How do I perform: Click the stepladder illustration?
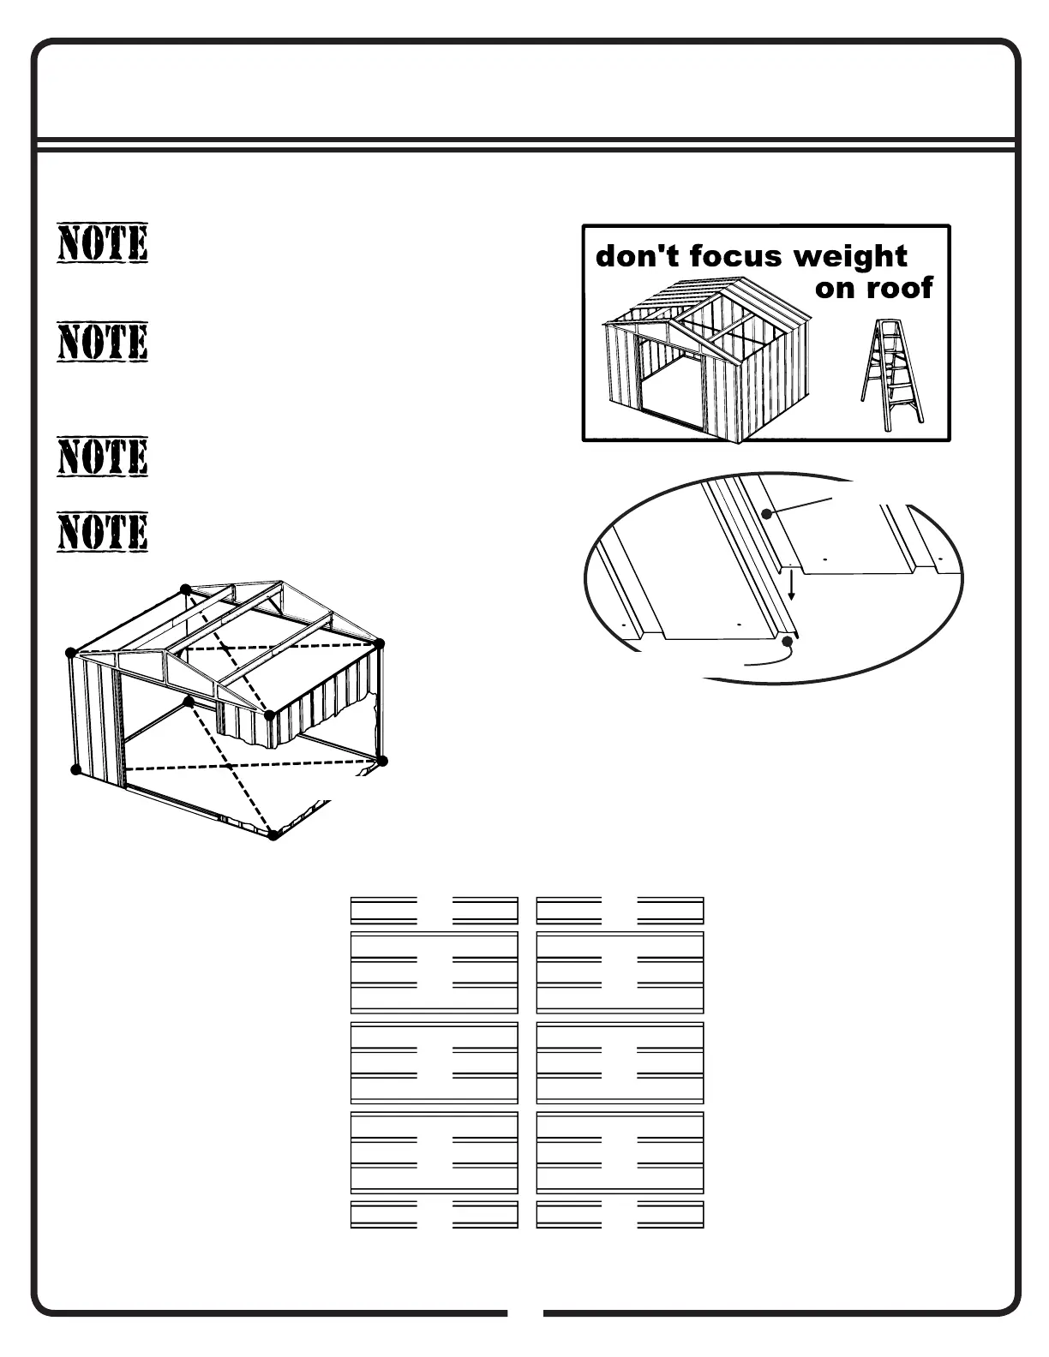pyautogui.click(x=892, y=374)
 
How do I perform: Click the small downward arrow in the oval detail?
pyautogui.click(x=792, y=586)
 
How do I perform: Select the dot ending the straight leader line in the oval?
pyautogui.click(x=768, y=514)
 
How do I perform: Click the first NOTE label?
pyautogui.click(x=103, y=243)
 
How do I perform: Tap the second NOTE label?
pyautogui.click(x=103, y=342)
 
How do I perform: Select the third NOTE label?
pyautogui.click(x=103, y=457)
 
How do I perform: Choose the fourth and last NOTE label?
pyautogui.click(x=103, y=532)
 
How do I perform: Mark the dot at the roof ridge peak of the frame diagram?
pyautogui.click(x=186, y=589)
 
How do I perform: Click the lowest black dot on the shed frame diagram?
pyautogui.click(x=273, y=834)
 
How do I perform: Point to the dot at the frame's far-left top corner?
pyautogui.click(x=71, y=654)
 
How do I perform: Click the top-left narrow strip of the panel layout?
pyautogui.click(x=435, y=910)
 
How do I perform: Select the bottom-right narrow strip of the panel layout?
pyautogui.click(x=620, y=1215)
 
